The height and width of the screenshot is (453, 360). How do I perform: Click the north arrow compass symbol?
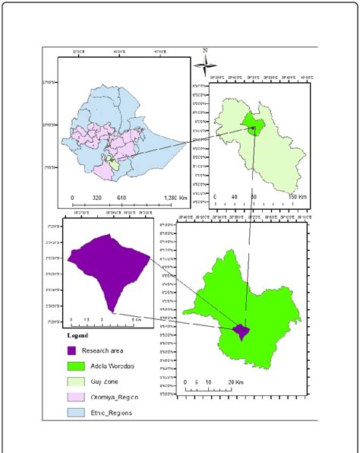point(204,64)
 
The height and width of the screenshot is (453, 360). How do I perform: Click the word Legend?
point(77,335)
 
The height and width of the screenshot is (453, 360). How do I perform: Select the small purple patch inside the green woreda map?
point(241,331)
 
